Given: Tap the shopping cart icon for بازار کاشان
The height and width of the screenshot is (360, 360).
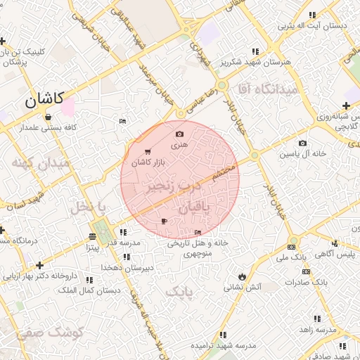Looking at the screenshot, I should click(x=147, y=152).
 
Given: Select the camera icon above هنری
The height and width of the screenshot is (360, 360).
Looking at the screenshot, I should click(x=179, y=134).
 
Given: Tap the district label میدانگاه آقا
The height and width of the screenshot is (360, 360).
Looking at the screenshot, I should click(x=269, y=90).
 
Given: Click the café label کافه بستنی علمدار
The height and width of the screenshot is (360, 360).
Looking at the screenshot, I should click(x=48, y=128).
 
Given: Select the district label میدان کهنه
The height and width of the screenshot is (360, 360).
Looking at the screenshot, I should click(x=41, y=164).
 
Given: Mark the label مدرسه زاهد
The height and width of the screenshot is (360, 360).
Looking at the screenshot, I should click(x=316, y=330).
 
